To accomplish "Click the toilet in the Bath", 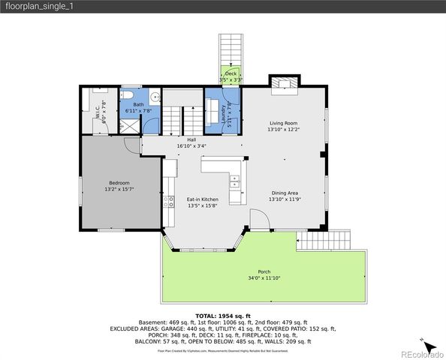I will point(130,96).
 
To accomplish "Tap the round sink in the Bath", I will point(154,97).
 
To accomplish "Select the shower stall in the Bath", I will point(128,126).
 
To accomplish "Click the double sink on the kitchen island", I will point(234,181).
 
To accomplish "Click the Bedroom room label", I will point(119,183).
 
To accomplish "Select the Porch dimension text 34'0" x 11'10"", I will point(264,278).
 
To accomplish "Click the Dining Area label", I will point(285,193).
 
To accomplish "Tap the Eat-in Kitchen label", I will point(202,199).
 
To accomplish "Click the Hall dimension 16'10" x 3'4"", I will point(191,145).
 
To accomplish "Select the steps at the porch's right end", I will point(324,241).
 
